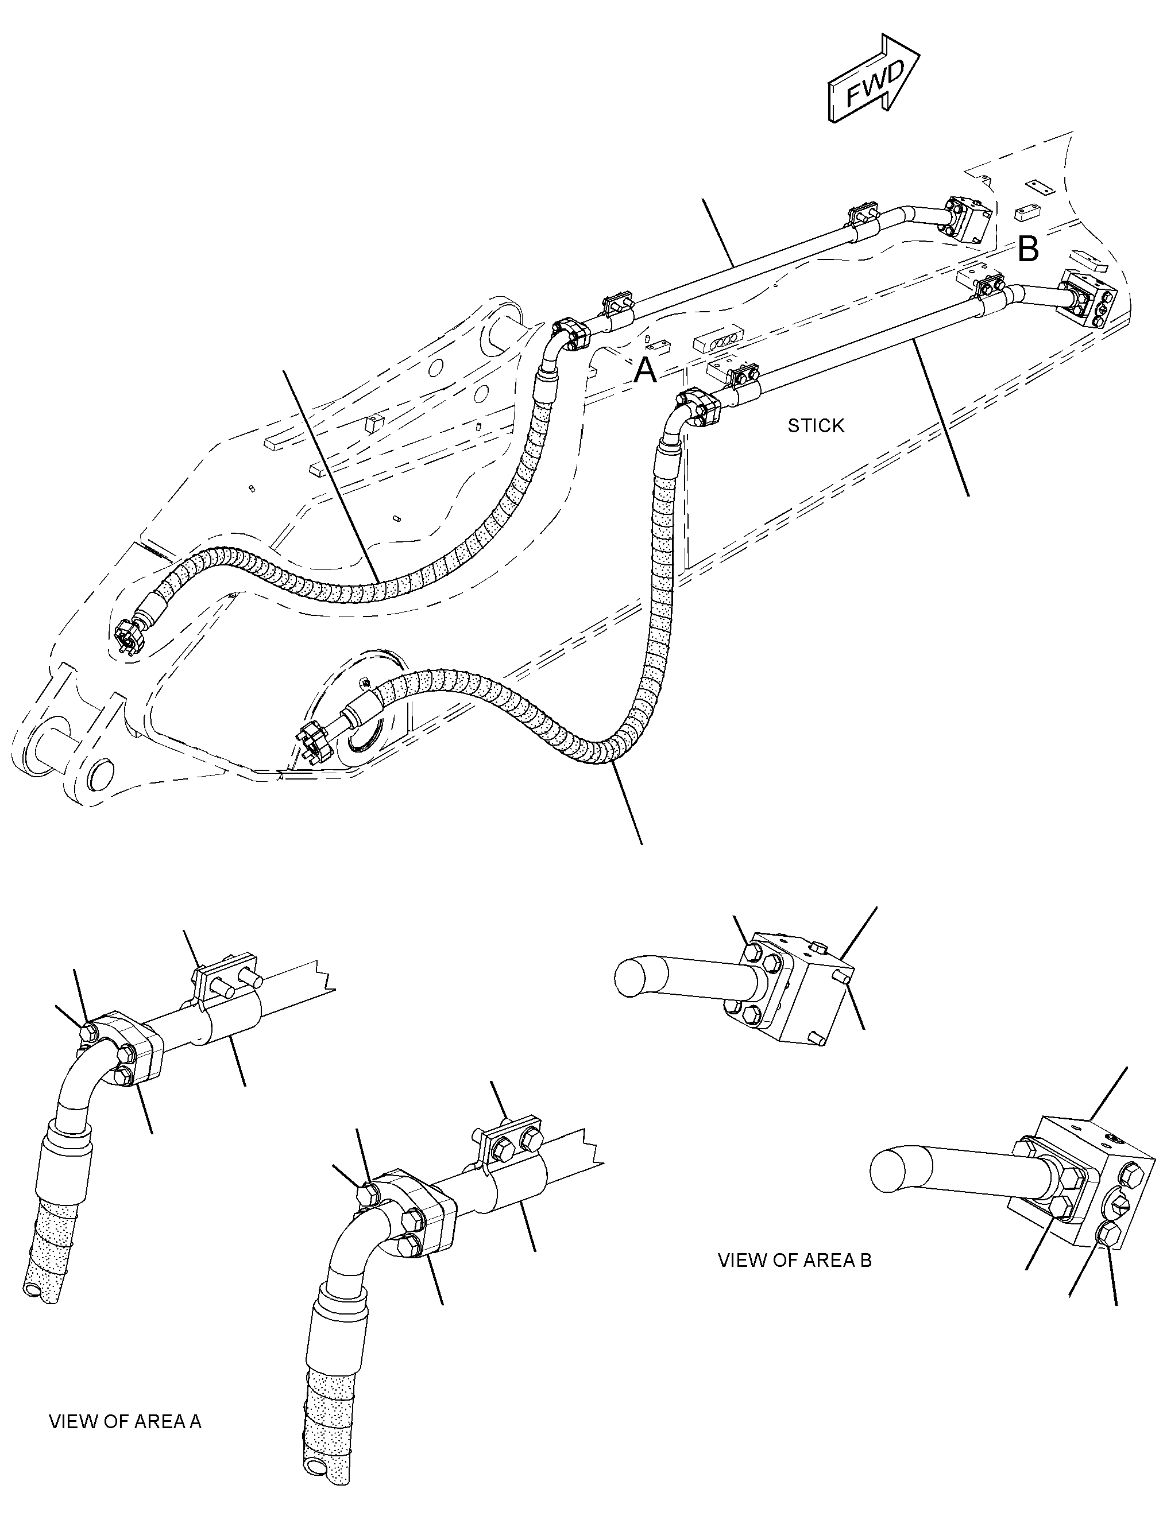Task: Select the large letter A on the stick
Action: point(645,371)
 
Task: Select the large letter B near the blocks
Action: point(1029,249)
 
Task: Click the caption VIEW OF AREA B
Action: point(795,1260)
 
